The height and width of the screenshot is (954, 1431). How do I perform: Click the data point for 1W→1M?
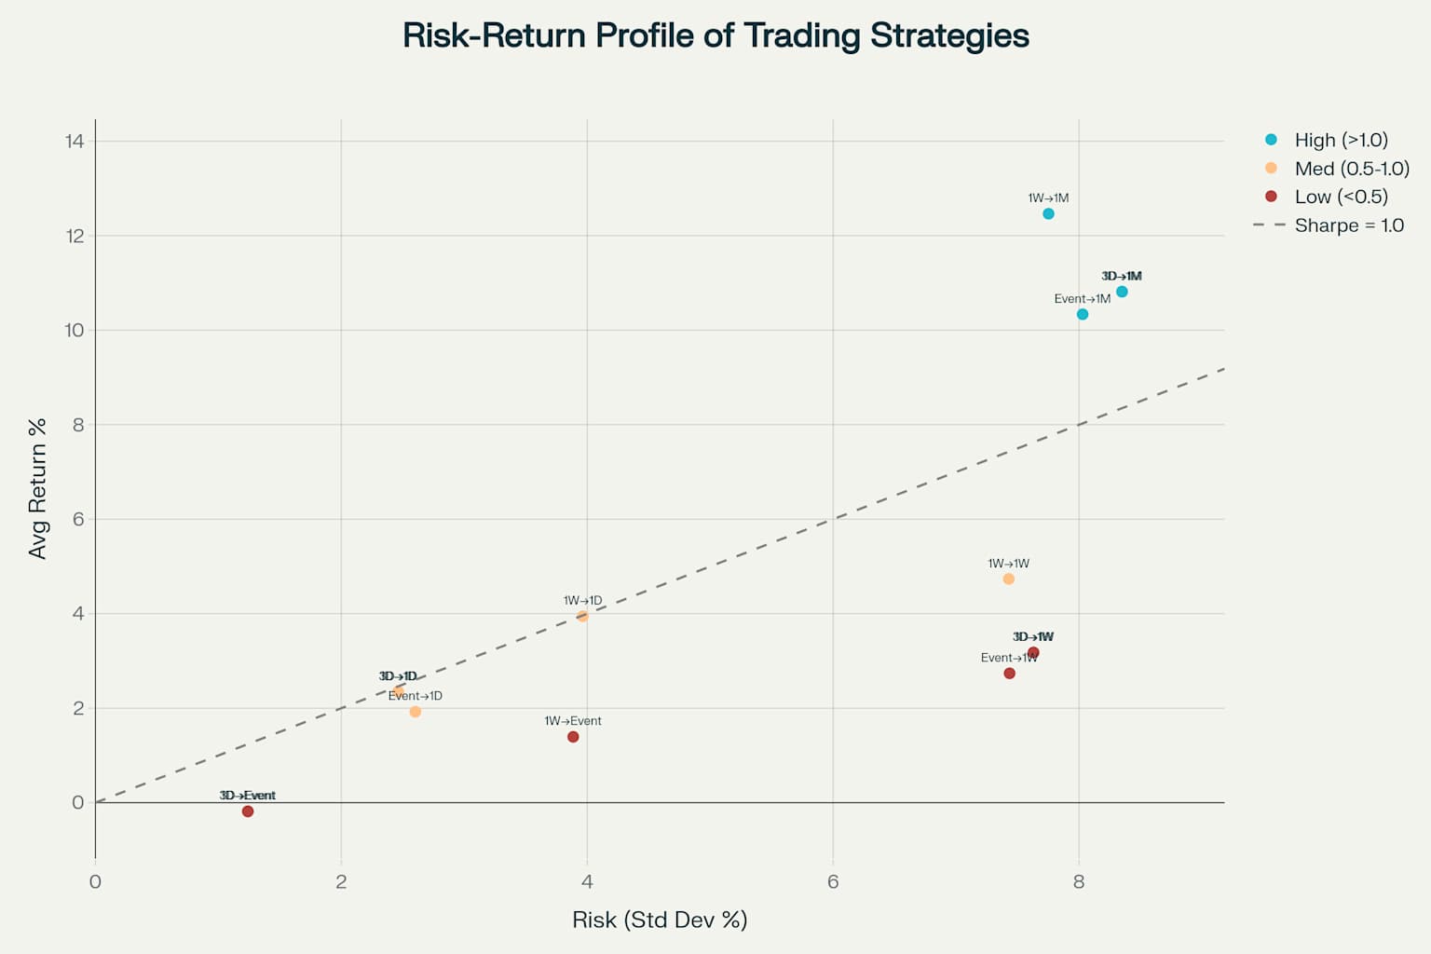click(x=1048, y=214)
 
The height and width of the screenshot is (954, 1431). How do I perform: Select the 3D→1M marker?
click(x=1122, y=292)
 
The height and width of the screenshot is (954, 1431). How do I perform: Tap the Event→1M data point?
click(x=1083, y=314)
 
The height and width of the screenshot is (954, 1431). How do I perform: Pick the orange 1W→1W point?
click(x=1008, y=579)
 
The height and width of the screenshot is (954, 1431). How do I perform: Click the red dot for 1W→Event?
click(x=573, y=737)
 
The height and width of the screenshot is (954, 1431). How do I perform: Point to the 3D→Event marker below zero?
click(x=248, y=811)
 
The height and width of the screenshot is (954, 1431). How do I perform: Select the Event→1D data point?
click(x=416, y=712)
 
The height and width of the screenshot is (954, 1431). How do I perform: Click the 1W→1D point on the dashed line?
click(x=582, y=616)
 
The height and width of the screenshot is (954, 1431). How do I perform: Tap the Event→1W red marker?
click(x=1009, y=674)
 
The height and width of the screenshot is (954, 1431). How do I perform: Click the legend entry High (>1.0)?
click(x=1341, y=140)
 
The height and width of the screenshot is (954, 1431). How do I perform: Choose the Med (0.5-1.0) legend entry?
click(x=1351, y=169)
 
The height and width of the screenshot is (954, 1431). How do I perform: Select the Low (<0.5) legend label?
click(x=1341, y=197)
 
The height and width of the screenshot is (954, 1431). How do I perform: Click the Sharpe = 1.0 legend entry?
click(x=1348, y=225)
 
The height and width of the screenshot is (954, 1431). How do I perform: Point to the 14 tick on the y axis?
click(x=75, y=141)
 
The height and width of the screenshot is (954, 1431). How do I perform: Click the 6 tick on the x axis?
click(x=833, y=881)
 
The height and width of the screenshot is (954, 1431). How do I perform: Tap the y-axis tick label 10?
click(x=75, y=330)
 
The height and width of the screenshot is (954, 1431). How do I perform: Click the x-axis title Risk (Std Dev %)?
click(x=660, y=920)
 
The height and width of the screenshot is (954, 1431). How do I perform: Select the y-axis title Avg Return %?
click(x=37, y=489)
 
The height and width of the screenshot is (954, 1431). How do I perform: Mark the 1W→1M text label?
click(x=1048, y=198)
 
